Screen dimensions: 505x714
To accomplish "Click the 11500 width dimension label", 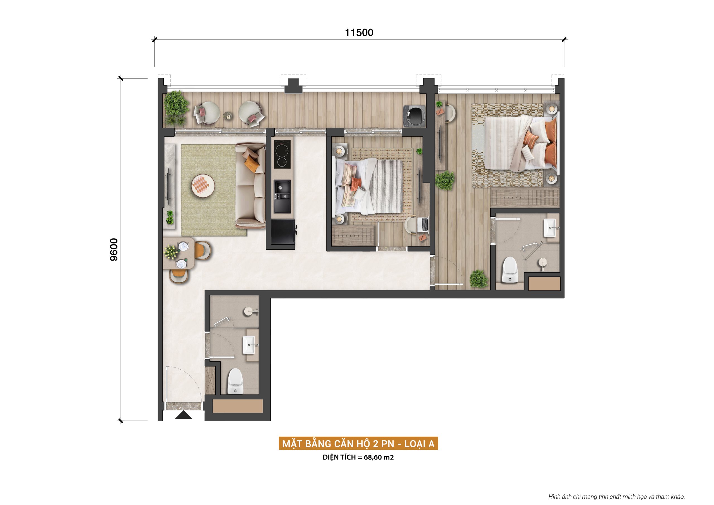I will tap(359, 32).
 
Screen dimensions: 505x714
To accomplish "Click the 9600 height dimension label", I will tap(114, 249).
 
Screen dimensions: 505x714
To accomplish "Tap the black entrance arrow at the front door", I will tap(184, 415).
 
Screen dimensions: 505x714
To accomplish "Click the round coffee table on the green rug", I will tap(203, 186).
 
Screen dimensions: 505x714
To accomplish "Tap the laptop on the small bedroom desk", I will tap(424, 225).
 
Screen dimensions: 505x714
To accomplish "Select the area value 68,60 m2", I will tap(378, 457).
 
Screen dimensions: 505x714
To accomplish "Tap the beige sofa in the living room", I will tap(250, 186).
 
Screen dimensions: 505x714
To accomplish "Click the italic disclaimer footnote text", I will tap(616, 497).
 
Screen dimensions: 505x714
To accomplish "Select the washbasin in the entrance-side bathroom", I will tap(249, 345).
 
